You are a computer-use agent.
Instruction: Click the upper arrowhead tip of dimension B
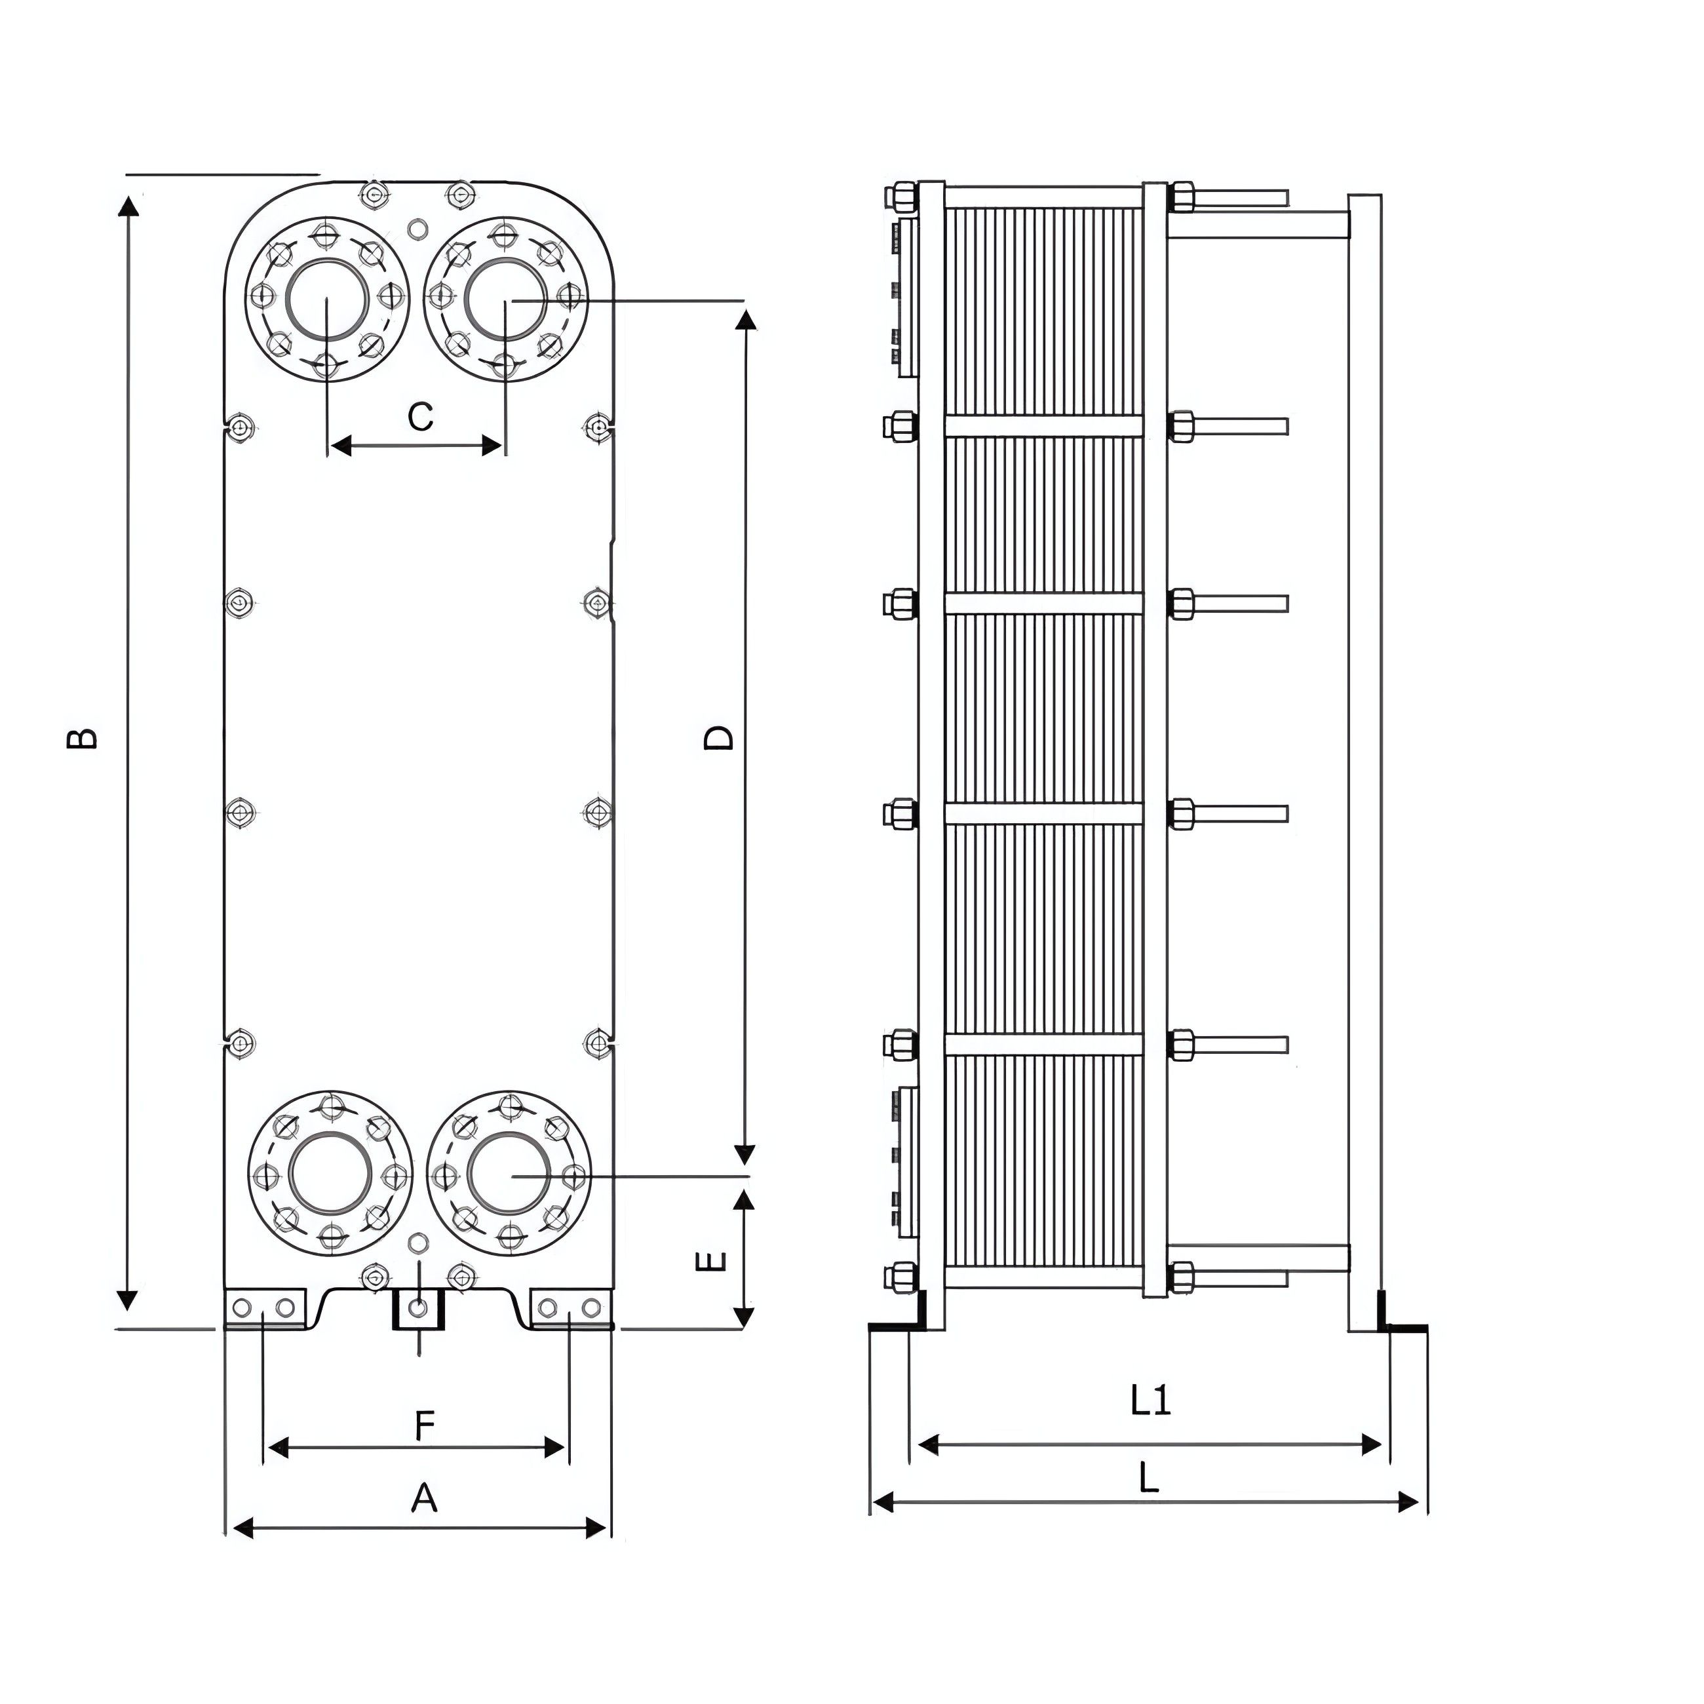pos(128,197)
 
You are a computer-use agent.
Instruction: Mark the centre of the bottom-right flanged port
pos(510,1175)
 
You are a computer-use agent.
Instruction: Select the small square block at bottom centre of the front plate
pos(419,1309)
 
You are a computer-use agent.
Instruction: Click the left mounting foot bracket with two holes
pos(265,1309)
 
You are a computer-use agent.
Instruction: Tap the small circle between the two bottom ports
pos(417,1244)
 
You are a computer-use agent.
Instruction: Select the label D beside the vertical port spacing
pos(719,737)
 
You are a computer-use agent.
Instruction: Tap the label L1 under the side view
pos(1150,1400)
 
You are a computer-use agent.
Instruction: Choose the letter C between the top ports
pos(421,416)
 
